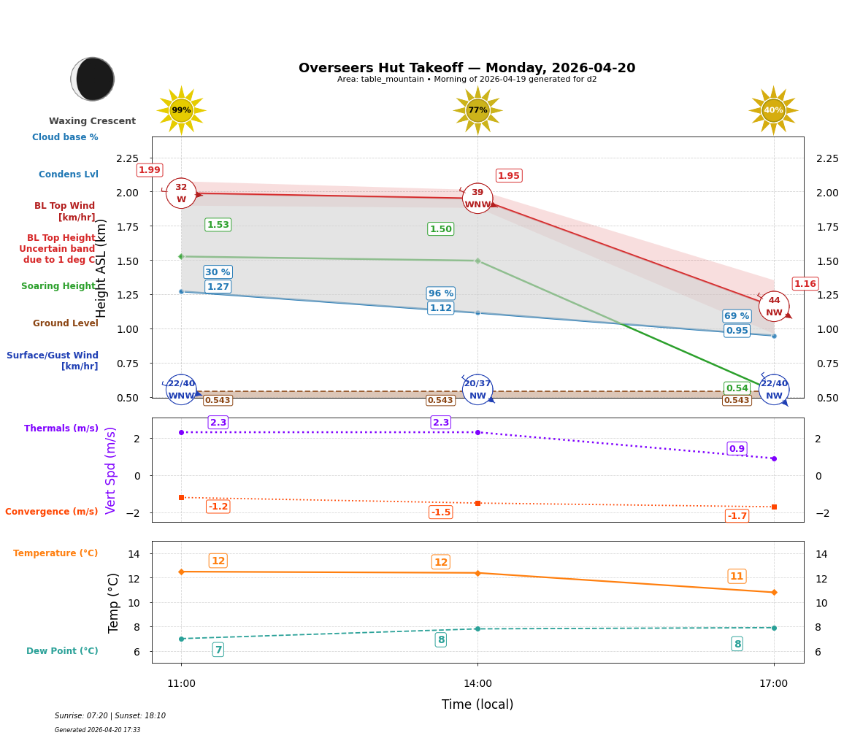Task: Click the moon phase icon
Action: click(x=93, y=79)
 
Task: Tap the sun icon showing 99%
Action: click(x=181, y=110)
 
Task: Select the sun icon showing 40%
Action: click(x=773, y=110)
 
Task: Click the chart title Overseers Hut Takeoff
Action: click(x=467, y=68)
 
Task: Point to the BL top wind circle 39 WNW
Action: click(x=477, y=199)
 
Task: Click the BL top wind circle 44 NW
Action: click(x=774, y=306)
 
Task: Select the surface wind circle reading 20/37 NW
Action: click(x=477, y=390)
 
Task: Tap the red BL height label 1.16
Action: click(x=805, y=284)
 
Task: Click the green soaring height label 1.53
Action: click(x=218, y=225)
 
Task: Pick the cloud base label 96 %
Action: click(x=440, y=293)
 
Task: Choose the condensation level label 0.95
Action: click(x=737, y=331)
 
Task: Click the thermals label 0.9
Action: click(x=737, y=449)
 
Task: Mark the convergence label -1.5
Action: click(x=440, y=512)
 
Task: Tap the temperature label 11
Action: click(x=737, y=576)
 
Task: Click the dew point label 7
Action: click(x=218, y=650)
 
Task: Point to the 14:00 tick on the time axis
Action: click(x=477, y=684)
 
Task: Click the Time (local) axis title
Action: click(x=477, y=704)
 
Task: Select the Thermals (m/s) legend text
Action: click(x=61, y=428)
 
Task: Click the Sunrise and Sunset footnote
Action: click(x=110, y=716)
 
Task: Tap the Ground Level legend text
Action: click(x=66, y=323)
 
